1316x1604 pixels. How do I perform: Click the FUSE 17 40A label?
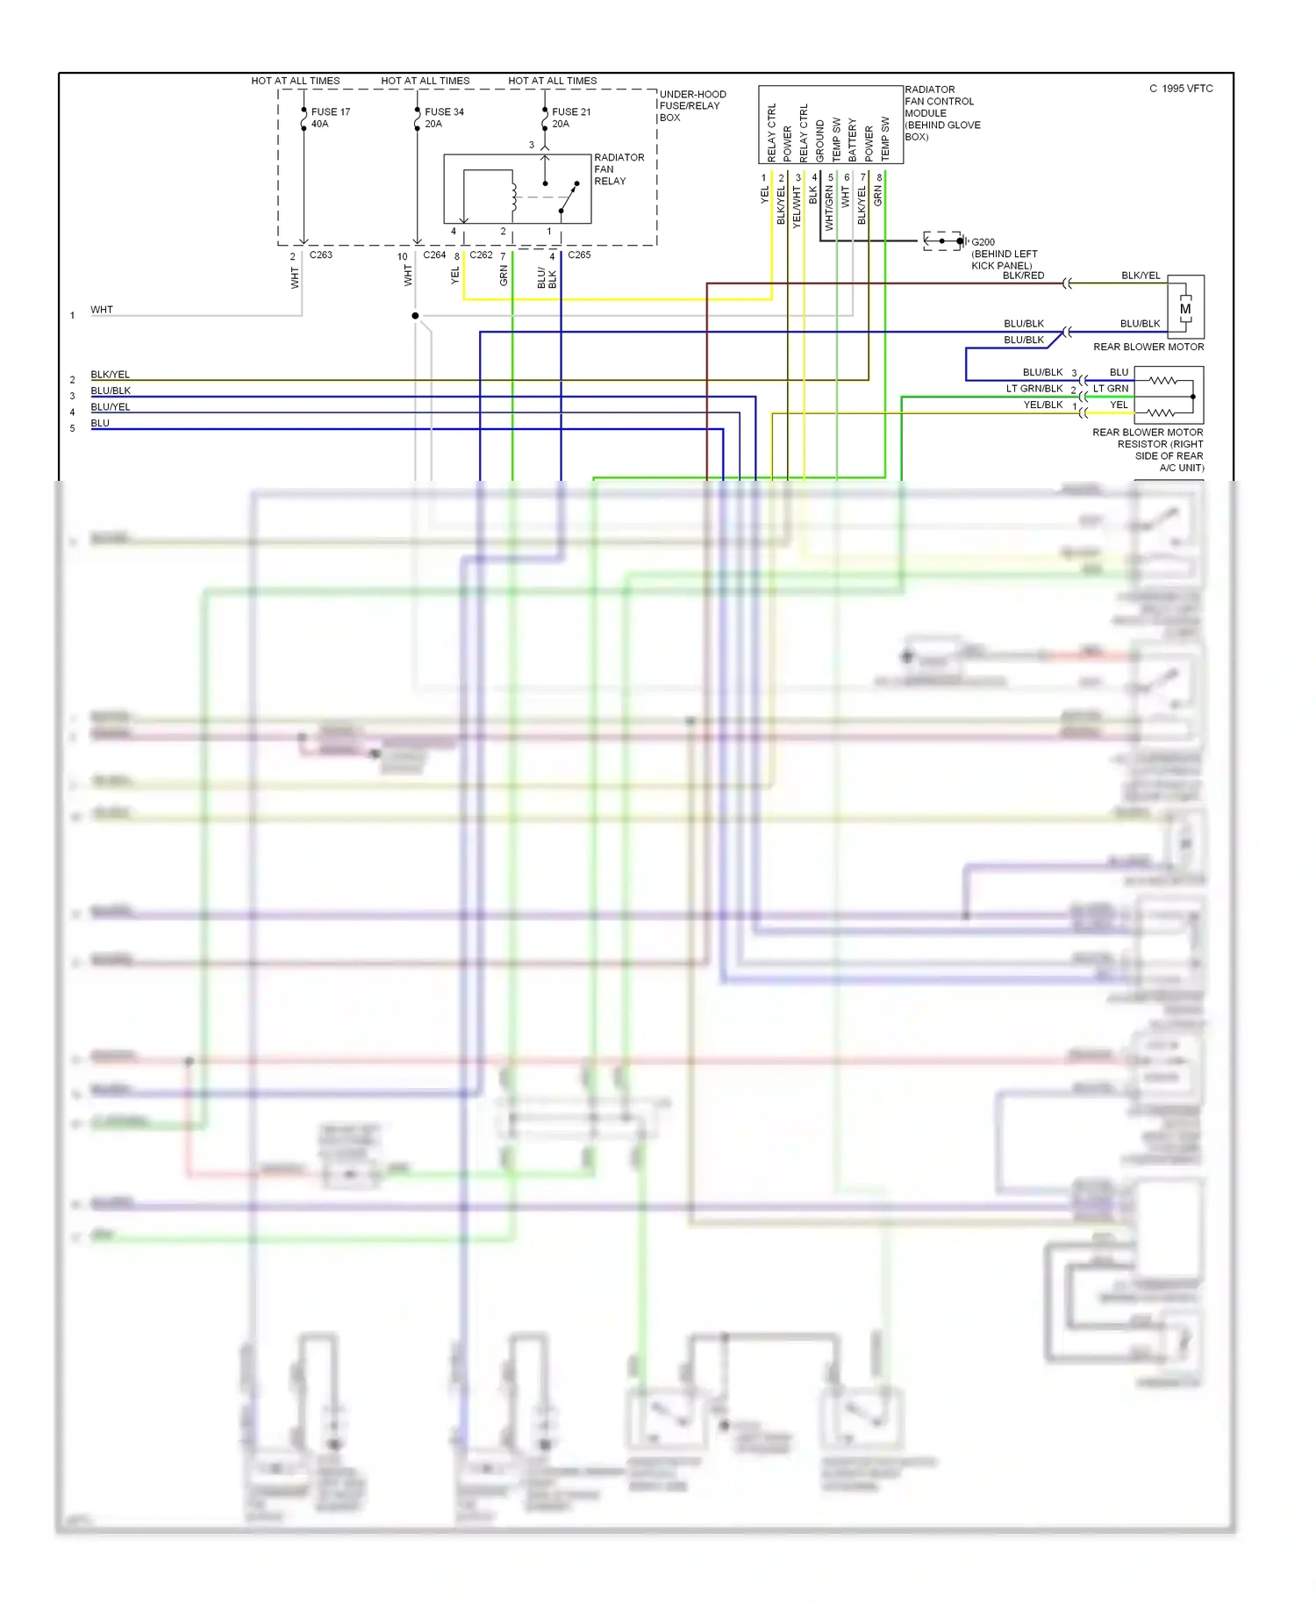330,118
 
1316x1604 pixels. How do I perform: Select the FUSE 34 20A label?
444,118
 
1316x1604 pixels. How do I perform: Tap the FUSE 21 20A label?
571,118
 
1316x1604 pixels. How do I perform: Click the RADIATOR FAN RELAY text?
619,169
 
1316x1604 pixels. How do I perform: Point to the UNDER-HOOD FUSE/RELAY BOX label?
692,105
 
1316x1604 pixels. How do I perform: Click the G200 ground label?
983,242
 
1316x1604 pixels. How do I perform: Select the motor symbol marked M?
1185,309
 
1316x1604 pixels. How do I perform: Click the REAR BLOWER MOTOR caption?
1148,347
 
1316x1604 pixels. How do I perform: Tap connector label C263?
320,255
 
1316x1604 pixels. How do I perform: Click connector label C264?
434,255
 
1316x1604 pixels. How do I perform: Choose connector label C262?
481,255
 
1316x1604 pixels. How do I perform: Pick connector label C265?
579,255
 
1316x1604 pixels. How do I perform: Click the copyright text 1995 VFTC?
1181,89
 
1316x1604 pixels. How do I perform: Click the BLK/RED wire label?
1023,276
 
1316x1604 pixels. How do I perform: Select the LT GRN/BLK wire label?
1033,389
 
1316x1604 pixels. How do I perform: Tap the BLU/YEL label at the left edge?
111,407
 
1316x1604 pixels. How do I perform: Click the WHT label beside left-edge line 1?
102,310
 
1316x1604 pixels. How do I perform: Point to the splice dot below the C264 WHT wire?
415,316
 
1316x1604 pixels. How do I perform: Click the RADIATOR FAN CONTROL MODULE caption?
941,112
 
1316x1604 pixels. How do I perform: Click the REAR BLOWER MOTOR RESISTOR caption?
1148,449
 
